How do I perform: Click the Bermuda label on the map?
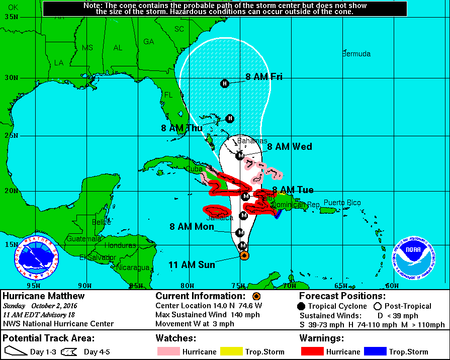point(356,54)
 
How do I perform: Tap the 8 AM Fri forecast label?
point(263,77)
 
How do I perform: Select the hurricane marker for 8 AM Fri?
point(225,83)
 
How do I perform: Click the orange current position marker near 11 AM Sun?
point(243,255)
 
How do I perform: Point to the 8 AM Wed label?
point(289,147)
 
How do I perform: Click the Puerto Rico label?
point(342,203)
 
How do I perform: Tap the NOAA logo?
point(414,258)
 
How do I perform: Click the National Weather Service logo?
point(36,258)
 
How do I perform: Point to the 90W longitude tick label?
point(85,286)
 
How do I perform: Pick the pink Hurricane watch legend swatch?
point(167,351)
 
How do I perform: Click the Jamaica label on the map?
point(220,218)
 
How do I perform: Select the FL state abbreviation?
point(168,95)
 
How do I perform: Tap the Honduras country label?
point(120,245)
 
